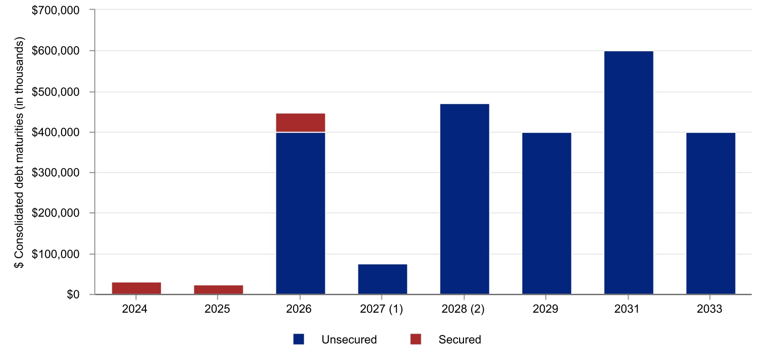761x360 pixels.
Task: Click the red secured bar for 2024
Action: (136, 288)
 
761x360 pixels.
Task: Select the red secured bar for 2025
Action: (218, 289)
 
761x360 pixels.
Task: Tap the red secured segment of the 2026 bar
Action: (300, 122)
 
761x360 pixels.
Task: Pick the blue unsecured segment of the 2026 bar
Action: (300, 213)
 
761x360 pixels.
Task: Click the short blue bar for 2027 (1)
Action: (382, 279)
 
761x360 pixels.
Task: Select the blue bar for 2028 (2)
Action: (464, 199)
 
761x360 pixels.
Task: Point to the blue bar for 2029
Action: (547, 213)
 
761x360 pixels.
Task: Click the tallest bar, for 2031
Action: (629, 172)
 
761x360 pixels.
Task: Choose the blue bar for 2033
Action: (711, 213)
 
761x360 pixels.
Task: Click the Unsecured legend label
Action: (349, 340)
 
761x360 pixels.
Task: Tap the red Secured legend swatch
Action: (416, 339)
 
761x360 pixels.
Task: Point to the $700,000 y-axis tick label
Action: (56, 10)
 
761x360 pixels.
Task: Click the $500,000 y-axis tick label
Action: (56, 92)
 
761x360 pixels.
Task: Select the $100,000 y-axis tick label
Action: (56, 254)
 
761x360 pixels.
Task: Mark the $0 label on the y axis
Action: (73, 295)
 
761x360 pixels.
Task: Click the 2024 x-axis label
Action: (135, 309)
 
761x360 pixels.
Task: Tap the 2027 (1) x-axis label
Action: (381, 309)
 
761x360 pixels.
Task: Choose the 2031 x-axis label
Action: (627, 309)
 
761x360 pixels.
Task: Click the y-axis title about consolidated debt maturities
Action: (19, 154)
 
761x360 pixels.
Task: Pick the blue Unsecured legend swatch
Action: (299, 339)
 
